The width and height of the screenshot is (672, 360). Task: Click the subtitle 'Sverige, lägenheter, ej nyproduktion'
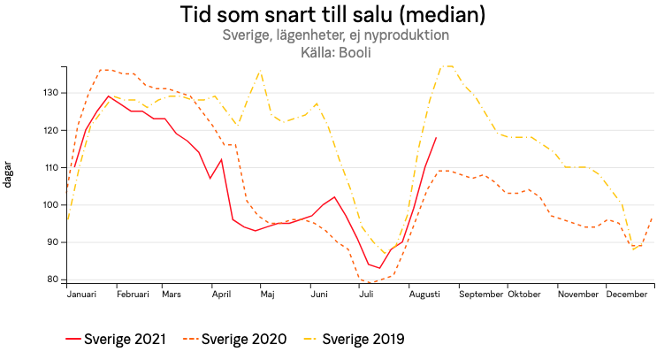336,36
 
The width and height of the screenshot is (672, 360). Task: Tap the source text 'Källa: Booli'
336,52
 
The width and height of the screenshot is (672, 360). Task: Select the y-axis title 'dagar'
8,174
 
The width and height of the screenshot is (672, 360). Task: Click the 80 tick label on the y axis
53,280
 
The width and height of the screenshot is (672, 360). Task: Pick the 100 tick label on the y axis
50,205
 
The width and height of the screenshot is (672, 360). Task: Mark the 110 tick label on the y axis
50,168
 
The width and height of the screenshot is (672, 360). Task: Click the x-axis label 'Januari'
82,294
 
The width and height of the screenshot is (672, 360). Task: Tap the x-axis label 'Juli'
365,294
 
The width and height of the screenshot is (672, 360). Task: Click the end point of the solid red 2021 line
436,137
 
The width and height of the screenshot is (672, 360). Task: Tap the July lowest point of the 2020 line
370,282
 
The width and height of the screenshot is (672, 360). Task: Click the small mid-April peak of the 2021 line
221,159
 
